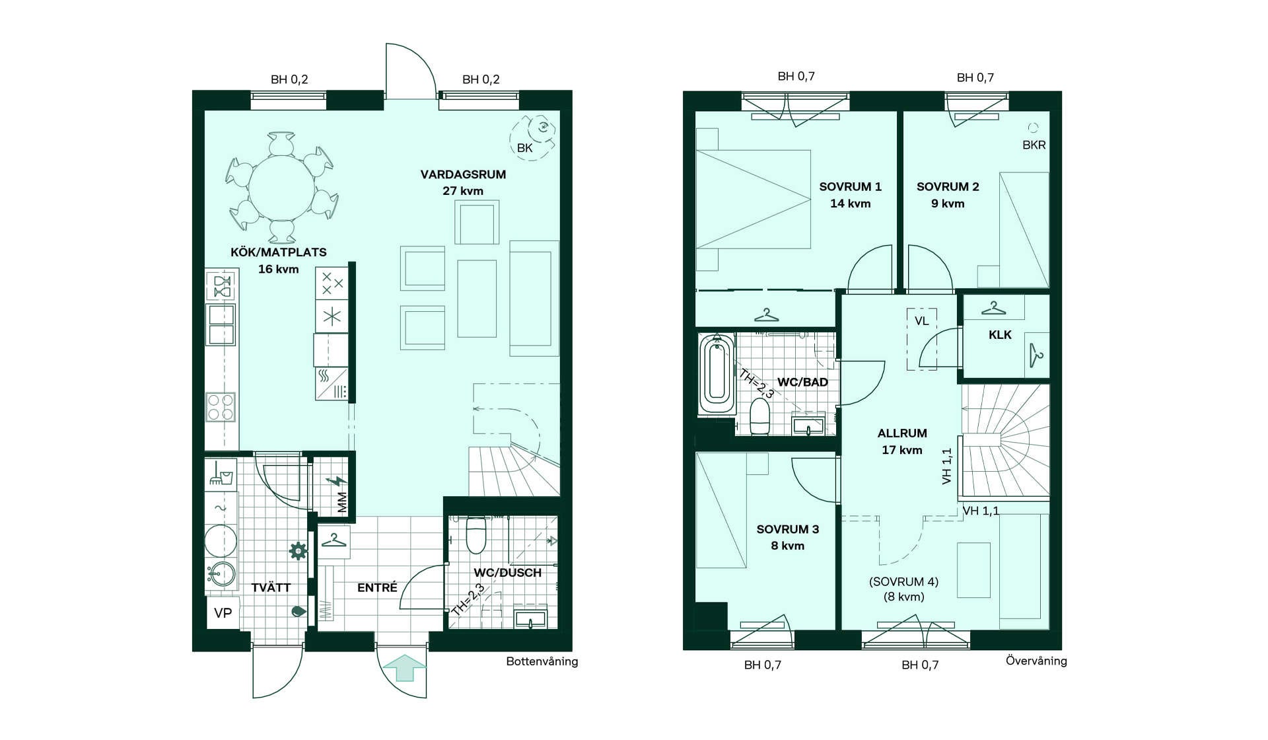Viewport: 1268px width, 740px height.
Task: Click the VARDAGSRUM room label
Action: pyautogui.click(x=463, y=174)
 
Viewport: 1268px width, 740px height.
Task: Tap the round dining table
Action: pyautogui.click(x=282, y=188)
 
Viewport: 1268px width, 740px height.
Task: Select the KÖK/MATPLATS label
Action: pyautogui.click(x=279, y=252)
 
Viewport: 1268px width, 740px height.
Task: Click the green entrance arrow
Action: pyautogui.click(x=404, y=667)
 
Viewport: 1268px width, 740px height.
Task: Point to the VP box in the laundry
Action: pyautogui.click(x=223, y=613)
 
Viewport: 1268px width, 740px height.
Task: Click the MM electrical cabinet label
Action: pyautogui.click(x=342, y=502)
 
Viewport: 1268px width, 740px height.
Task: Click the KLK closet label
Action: pyautogui.click(x=1000, y=335)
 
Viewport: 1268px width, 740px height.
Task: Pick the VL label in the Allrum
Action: pyautogui.click(x=922, y=321)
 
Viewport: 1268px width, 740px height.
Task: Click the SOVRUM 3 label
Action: pyautogui.click(x=788, y=529)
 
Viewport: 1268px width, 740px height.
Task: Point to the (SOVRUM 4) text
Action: pyautogui.click(x=903, y=581)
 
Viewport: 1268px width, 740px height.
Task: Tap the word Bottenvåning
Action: pyautogui.click(x=542, y=661)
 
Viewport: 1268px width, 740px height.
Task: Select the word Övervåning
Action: pyautogui.click(x=1036, y=661)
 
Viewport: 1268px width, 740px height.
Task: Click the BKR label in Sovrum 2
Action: pyautogui.click(x=1034, y=145)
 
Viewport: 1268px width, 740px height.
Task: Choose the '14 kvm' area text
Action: pyautogui.click(x=851, y=203)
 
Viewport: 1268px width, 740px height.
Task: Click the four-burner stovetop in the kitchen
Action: pyautogui.click(x=221, y=407)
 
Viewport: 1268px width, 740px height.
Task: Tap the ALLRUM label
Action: pyautogui.click(x=902, y=433)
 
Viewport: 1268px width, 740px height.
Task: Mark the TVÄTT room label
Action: pyautogui.click(x=271, y=587)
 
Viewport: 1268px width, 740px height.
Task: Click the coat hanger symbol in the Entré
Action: pyautogui.click(x=334, y=541)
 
